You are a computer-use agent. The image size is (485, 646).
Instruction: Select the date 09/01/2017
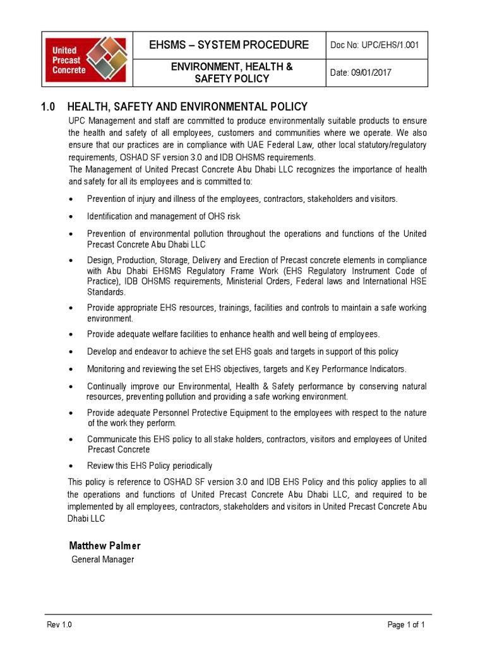pos(361,73)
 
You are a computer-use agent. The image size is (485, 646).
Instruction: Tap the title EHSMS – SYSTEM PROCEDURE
pos(229,45)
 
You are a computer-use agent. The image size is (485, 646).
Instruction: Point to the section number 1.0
pos(50,107)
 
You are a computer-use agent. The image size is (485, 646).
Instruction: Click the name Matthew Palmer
pos(104,546)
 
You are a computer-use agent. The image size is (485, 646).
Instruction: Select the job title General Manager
pos(102,560)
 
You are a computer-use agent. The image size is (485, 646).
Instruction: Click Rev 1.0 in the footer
pos(60,625)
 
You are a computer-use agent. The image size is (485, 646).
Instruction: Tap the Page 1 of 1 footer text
pos(406,625)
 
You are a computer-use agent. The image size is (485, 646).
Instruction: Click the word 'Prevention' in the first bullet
pos(107,199)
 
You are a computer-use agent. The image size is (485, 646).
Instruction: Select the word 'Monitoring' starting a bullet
pos(107,369)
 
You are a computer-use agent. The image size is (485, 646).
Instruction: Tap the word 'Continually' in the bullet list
pos(109,387)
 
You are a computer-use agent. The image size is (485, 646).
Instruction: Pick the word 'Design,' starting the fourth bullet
pos(101,261)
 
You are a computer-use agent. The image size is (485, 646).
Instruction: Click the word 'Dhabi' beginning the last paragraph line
pos(79,519)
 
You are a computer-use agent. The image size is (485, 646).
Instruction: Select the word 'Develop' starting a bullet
pos(102,351)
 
